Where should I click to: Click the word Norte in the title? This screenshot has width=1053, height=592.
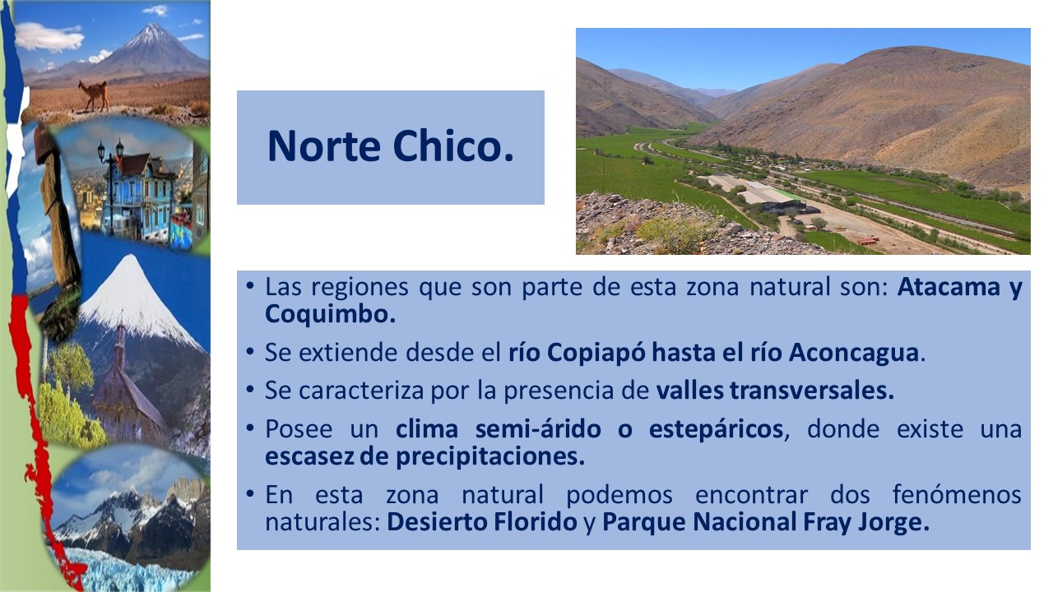323,146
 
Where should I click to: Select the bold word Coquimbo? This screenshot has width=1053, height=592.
330,314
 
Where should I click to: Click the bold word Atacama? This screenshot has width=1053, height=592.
949,287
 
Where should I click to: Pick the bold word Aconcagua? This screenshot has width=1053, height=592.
854,354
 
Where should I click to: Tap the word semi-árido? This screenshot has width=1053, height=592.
538,428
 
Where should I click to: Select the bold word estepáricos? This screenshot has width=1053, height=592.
716,430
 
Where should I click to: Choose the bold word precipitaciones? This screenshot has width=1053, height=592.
490,457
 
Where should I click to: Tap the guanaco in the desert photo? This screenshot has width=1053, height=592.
95,95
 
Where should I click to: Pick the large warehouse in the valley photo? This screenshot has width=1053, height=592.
757,190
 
